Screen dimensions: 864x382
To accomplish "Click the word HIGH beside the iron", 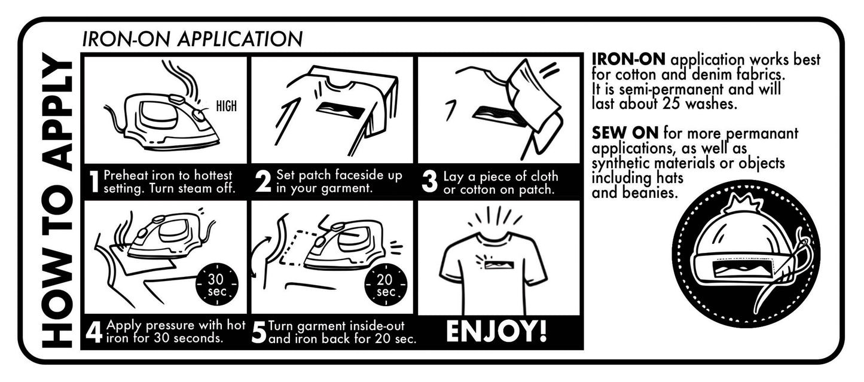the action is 227,106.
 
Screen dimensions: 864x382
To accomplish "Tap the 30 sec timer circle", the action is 217,285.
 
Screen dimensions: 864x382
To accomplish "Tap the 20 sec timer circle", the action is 386,285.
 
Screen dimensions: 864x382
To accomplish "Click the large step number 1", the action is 94,182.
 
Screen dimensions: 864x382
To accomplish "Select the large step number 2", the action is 263,181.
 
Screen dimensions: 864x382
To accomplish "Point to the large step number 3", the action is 429,182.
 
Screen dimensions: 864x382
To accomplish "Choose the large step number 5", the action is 258,332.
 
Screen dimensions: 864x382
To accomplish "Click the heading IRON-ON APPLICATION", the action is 193,39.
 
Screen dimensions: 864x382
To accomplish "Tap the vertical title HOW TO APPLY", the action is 57,200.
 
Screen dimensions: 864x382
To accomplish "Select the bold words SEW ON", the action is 625,133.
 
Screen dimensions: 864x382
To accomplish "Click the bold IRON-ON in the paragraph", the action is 628,59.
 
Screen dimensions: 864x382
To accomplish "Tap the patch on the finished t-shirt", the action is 499,265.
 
